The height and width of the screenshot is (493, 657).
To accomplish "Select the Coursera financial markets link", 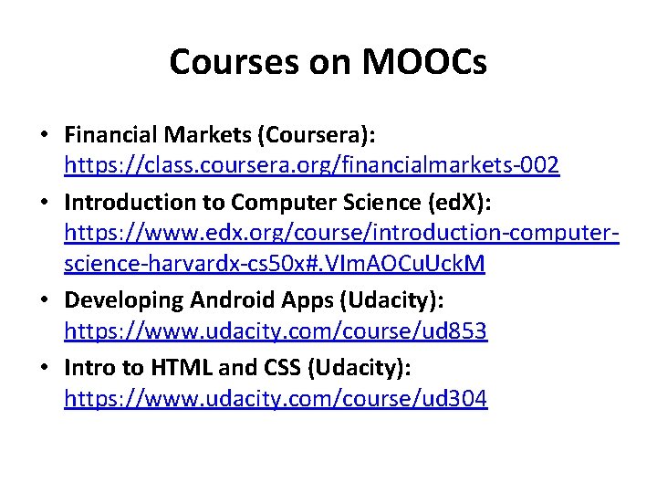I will click(x=311, y=165).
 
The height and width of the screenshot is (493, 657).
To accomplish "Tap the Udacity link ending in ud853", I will click(x=276, y=330).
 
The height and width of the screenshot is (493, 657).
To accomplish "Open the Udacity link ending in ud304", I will click(x=276, y=398).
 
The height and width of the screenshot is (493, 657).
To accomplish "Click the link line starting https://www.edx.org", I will click(x=342, y=233).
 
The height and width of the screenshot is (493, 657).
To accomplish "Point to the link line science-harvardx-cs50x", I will click(x=275, y=265).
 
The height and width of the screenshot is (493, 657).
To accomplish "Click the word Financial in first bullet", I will click(x=110, y=135).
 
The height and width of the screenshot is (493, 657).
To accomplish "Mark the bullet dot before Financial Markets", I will click(x=44, y=135).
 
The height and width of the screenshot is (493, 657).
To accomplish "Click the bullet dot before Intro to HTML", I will click(x=44, y=367).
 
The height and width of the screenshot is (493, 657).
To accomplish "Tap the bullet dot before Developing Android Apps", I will click(x=44, y=299).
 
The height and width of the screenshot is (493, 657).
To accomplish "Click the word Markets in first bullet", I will click(x=208, y=135).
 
